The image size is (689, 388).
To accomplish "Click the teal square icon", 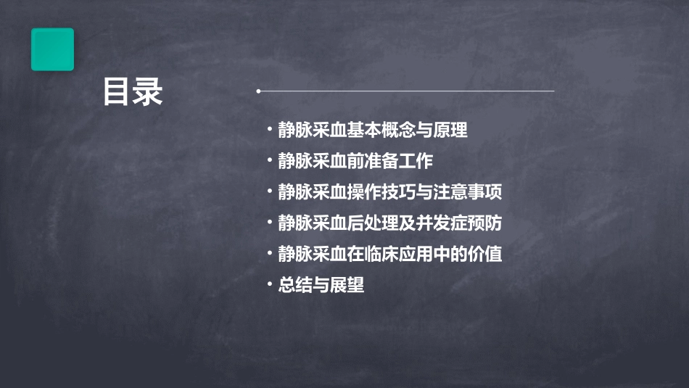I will [52, 49].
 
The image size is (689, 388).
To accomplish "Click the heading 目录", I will [133, 92].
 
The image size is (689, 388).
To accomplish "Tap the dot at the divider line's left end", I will [258, 91].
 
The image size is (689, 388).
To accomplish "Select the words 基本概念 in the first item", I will [381, 131].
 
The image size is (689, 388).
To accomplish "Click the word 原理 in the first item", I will [450, 131].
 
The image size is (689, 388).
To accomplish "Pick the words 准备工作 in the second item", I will [398, 162].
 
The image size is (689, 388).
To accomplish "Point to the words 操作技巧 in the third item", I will [381, 193].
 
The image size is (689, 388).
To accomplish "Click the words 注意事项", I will [468, 193].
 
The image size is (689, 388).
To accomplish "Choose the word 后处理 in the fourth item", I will [372, 223].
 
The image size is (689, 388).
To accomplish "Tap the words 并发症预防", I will [459, 223].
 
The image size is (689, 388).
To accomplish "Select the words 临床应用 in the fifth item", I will [398, 255].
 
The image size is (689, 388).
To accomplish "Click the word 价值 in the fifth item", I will [485, 255].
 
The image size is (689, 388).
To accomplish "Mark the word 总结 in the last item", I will [296, 286].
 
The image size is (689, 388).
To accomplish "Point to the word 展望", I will [347, 286].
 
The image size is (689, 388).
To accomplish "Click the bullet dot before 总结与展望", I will [270, 286].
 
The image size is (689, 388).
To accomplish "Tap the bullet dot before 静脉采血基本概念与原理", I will [270, 131].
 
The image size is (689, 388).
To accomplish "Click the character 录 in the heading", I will [148, 92].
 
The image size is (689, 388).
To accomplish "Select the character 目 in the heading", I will [117, 92].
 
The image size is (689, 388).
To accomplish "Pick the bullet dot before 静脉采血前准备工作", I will [270, 162].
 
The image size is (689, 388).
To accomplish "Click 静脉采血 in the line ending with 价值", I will [312, 255].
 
